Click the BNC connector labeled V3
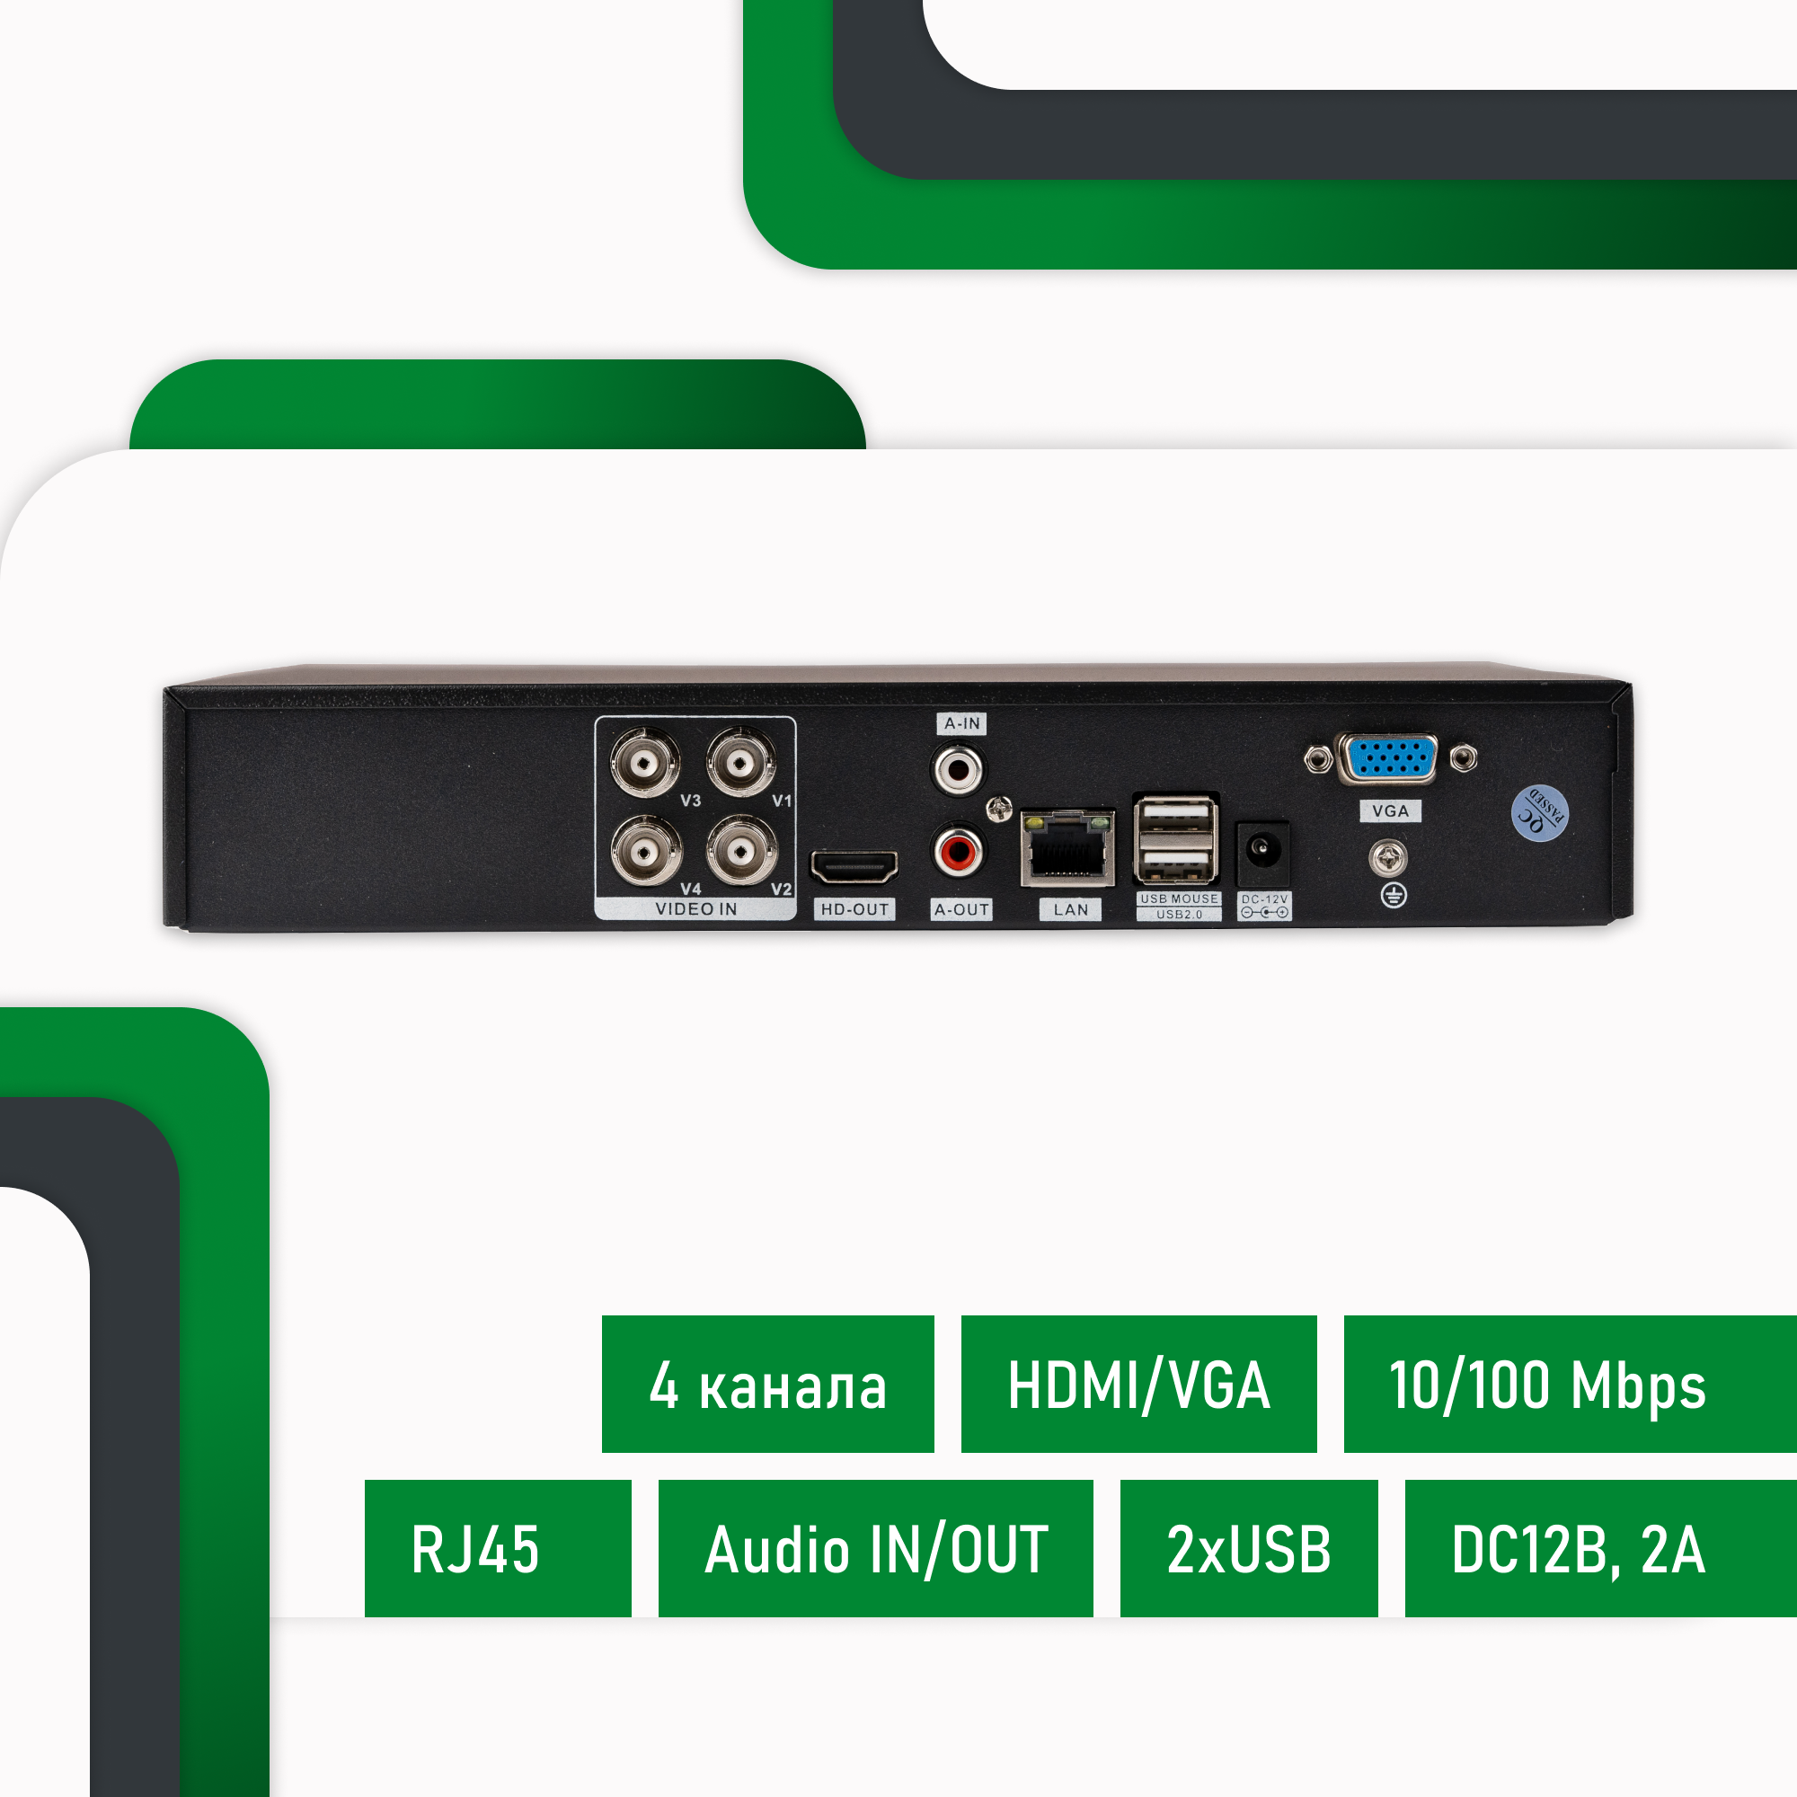tap(645, 764)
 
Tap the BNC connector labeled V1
tap(740, 764)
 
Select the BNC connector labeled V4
tap(645, 851)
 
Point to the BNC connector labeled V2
tap(741, 851)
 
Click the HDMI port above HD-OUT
tap(854, 868)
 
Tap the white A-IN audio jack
tap(957, 769)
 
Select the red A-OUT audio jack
tap(957, 851)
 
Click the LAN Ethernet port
tap(1067, 848)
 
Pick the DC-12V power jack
tap(1261, 850)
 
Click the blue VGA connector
tap(1388, 757)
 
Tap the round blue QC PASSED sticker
tap(1539, 813)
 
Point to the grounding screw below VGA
tap(1388, 857)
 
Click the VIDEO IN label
tap(695, 908)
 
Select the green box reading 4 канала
tap(767, 1384)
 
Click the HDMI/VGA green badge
tap(1138, 1384)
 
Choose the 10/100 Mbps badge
tap(1569, 1384)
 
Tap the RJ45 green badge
tap(498, 1549)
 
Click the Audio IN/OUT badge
tap(875, 1549)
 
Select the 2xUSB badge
tap(1248, 1549)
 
